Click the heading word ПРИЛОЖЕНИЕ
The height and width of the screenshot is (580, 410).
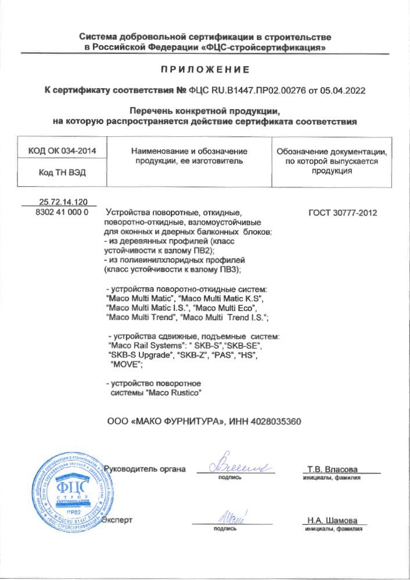[x=205, y=70]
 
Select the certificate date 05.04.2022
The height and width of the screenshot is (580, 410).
[x=345, y=91]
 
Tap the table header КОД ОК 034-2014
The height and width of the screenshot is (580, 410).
[x=62, y=151]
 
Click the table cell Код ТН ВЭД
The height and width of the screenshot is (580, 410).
[x=62, y=172]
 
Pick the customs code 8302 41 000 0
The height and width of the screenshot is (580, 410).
[x=62, y=212]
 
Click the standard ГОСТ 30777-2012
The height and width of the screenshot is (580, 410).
[x=343, y=213]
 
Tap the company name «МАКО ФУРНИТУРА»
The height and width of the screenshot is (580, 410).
[x=175, y=421]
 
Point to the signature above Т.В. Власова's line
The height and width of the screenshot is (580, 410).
[x=235, y=464]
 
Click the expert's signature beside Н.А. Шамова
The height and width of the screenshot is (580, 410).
[x=231, y=515]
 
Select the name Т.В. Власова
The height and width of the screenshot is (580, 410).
[x=333, y=469]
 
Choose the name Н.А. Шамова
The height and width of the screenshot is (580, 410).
[x=333, y=520]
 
